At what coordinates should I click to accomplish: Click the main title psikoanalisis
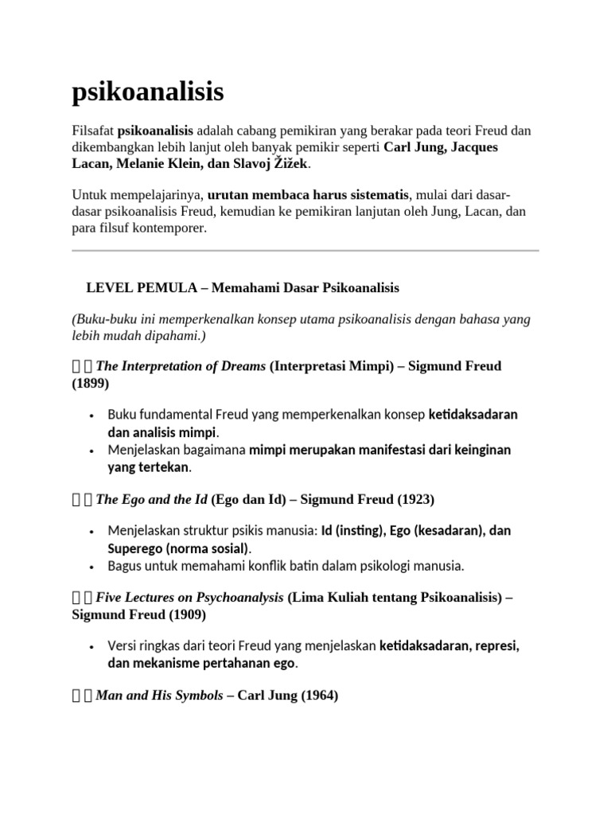coord(148,93)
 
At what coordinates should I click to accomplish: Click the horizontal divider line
coord(305,251)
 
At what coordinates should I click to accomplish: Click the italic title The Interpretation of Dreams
coord(181,366)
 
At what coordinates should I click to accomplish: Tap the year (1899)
coord(91,383)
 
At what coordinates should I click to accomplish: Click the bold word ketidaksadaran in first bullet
coord(473,415)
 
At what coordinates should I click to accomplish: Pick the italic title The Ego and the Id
coord(152,499)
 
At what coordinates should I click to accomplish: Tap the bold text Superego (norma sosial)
coord(179,548)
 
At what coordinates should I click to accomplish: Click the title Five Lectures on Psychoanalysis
coord(189,598)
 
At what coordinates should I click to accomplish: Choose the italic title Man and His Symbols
coord(159,695)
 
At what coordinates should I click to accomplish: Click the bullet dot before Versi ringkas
coord(93,645)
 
